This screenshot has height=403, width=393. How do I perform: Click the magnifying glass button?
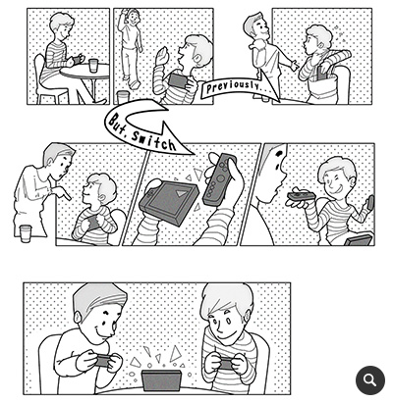[x=370, y=380]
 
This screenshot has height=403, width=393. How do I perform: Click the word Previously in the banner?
[x=233, y=86]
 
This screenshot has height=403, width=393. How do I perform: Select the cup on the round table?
[x=93, y=66]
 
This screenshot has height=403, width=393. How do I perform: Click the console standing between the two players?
[x=161, y=380]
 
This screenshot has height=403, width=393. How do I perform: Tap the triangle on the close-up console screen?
[x=181, y=193]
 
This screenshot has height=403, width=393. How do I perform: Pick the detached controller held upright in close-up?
[x=219, y=179]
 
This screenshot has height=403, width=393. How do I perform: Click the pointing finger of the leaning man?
[x=67, y=195]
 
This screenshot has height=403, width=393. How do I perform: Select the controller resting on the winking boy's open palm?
[x=302, y=196]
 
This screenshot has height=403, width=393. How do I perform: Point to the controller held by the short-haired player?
[x=102, y=360]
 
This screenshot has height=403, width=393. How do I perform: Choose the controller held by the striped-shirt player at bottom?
[x=225, y=363]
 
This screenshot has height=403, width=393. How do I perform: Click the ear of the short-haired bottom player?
[x=78, y=317]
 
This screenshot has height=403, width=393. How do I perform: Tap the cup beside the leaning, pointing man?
[x=26, y=233]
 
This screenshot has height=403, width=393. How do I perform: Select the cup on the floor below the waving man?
[x=123, y=97]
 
